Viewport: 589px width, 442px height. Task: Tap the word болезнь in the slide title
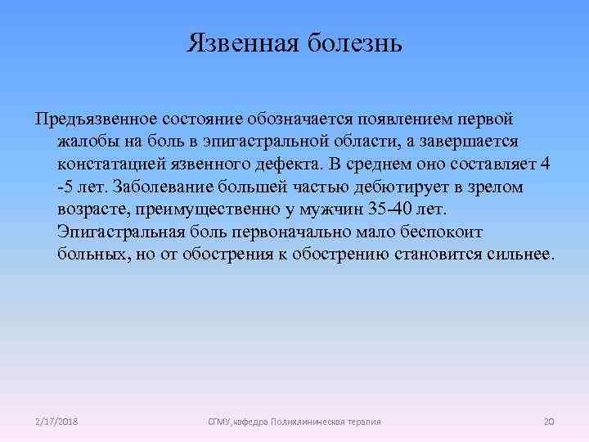[x=353, y=42]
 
